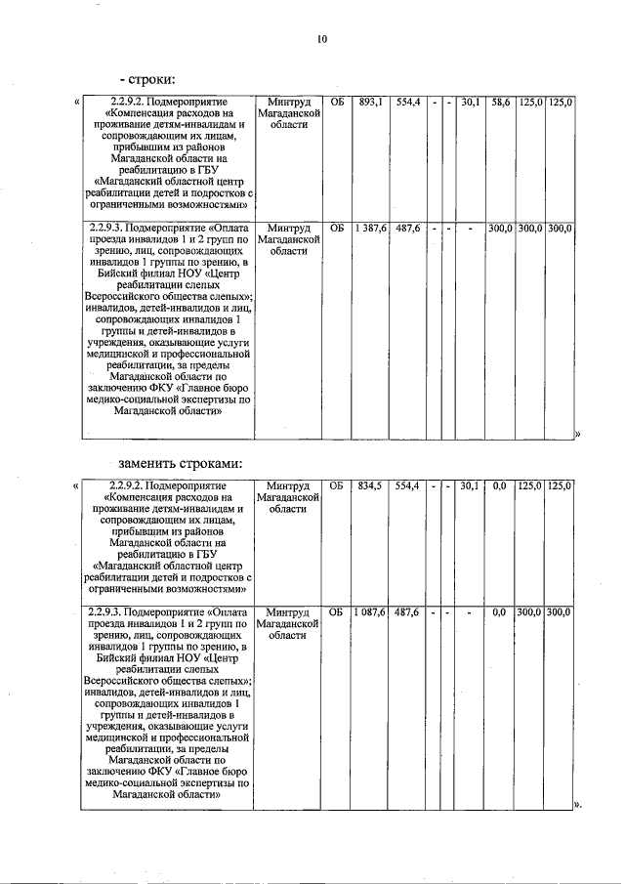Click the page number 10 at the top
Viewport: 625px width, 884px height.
click(322, 39)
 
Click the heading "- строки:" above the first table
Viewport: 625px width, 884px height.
click(146, 79)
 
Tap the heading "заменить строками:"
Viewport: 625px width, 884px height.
click(180, 462)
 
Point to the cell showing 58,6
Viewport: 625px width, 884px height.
click(500, 102)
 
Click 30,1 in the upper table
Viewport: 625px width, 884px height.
click(471, 102)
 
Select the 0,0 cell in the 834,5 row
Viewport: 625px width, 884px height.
click(500, 484)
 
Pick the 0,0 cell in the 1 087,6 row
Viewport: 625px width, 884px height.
click(500, 611)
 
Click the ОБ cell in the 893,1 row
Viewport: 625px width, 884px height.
click(337, 102)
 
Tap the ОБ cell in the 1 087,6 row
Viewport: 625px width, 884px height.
click(337, 611)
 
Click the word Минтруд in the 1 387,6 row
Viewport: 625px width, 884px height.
click(288, 228)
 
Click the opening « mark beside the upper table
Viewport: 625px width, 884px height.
click(77, 102)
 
